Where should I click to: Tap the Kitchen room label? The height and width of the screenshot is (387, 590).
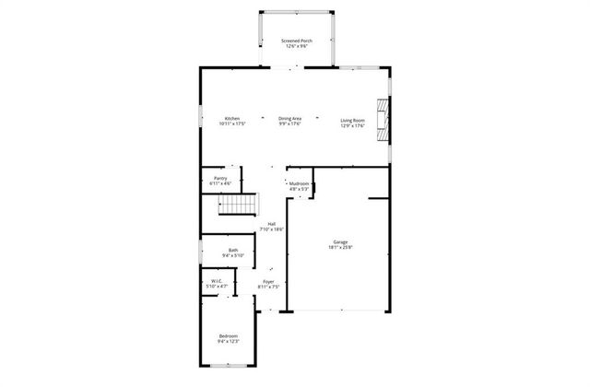click(x=231, y=119)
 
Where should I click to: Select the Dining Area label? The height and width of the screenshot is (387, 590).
click(x=290, y=119)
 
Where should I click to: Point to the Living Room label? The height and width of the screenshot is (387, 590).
click(x=353, y=119)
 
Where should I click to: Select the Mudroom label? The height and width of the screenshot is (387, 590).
click(x=299, y=183)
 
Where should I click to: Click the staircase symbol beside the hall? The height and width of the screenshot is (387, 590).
click(x=237, y=205)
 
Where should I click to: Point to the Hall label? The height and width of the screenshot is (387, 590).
click(x=272, y=224)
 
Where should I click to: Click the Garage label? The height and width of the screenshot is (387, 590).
click(x=340, y=242)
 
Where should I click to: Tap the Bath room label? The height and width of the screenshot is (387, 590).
click(x=234, y=250)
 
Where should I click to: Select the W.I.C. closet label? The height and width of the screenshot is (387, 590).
click(x=216, y=281)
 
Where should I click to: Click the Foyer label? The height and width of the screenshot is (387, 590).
click(x=268, y=281)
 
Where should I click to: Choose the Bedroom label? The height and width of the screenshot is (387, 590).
click(x=228, y=335)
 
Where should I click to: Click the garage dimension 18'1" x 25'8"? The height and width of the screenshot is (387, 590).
click(x=340, y=248)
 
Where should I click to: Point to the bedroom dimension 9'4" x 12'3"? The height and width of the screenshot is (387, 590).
click(x=228, y=341)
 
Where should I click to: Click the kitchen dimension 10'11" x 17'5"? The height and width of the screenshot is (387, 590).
click(x=231, y=124)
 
